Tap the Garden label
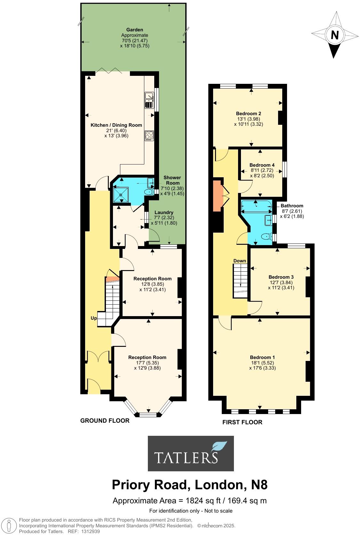134,30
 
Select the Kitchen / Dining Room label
116,125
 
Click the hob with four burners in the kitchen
149,135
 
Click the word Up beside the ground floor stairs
94,318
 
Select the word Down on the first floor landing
239,261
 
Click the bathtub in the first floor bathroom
256,206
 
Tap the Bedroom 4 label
262,165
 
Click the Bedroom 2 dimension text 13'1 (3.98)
248,119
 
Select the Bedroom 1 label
262,357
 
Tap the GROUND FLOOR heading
105,421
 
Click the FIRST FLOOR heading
242,422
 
